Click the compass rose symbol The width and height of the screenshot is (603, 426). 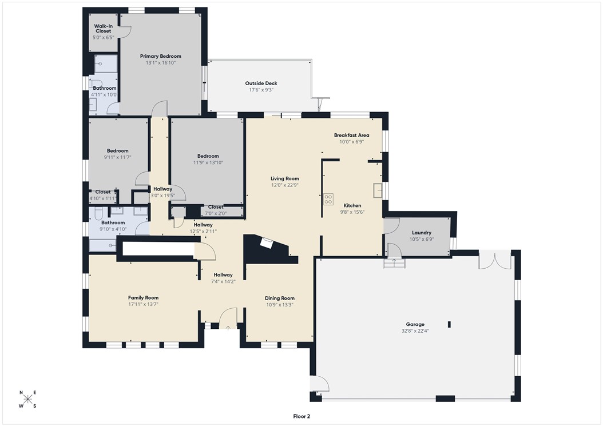pos(27,399)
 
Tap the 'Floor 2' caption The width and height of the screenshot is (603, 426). pos(301,417)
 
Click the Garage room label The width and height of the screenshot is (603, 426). pos(416,324)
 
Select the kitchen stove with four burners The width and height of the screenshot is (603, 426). pos(328,199)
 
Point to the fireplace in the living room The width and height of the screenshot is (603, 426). pos(267,243)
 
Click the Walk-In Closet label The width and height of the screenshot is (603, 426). pos(103,28)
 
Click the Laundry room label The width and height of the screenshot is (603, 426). pos(422,233)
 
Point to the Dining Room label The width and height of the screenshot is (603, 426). pos(279,298)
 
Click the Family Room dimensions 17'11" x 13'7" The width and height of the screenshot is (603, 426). pos(143,304)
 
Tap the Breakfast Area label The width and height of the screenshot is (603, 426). pos(351,136)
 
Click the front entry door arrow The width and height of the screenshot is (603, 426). pos(228,328)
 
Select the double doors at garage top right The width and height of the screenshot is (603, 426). pos(494,258)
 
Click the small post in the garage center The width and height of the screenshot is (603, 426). pos(450,324)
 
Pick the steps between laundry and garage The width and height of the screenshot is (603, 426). pos(394,263)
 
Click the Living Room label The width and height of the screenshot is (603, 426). pos(284,178)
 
